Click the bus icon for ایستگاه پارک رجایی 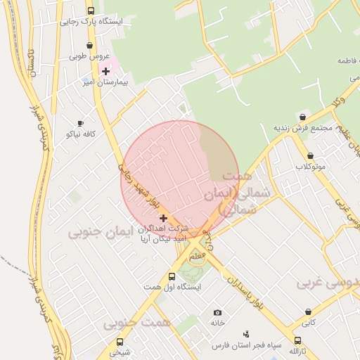[x=91, y=11]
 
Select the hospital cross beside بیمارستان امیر [x=105, y=71]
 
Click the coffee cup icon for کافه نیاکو [x=80, y=123]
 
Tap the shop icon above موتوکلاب [x=310, y=156]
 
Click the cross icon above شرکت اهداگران [x=164, y=218]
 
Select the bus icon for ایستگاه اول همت [x=172, y=276]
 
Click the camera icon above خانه [x=217, y=312]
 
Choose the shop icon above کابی [x=308, y=311]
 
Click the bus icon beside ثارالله [x=298, y=341]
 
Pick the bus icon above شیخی [x=119, y=342]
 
